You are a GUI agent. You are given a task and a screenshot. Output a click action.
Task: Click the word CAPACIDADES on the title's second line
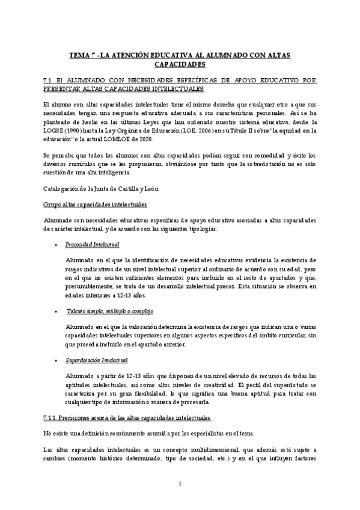(180, 64)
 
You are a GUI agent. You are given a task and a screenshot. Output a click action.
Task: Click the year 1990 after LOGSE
(79, 129)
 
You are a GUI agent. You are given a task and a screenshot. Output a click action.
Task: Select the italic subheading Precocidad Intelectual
(92, 244)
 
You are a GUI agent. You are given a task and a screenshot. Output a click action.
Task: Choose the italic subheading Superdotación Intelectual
(96, 360)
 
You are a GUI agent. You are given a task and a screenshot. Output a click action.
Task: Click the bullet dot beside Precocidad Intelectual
(55, 245)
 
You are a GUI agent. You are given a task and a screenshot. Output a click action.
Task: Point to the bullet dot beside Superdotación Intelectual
(55, 361)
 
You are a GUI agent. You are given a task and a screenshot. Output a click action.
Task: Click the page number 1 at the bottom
(180, 484)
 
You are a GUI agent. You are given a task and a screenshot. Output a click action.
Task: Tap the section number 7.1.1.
(52, 419)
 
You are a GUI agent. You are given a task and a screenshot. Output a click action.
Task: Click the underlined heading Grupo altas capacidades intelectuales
(95, 204)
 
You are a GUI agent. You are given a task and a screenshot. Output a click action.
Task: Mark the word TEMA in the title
(81, 55)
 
